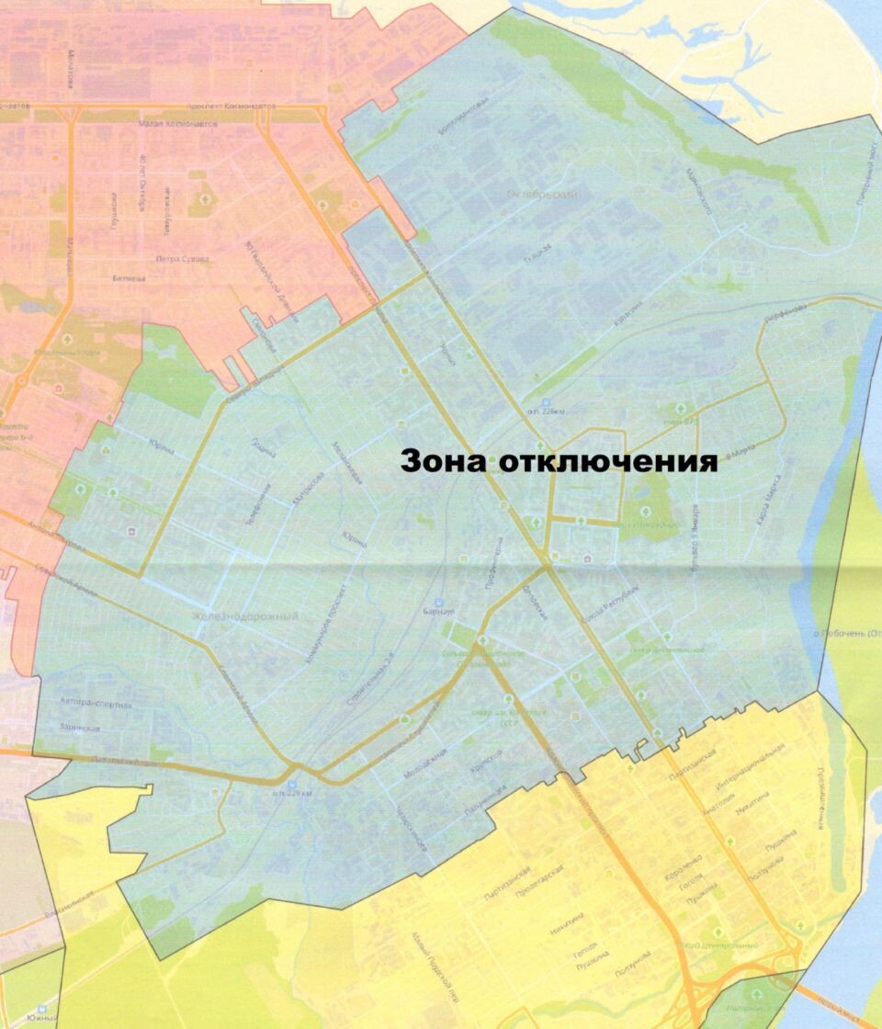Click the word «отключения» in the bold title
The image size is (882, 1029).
[x=607, y=460]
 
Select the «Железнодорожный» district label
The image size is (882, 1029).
[x=246, y=616]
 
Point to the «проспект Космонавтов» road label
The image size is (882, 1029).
[x=231, y=107]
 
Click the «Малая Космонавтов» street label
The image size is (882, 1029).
[x=177, y=123]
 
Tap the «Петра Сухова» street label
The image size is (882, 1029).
[x=182, y=258]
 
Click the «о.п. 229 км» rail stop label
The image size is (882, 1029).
[x=292, y=794]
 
